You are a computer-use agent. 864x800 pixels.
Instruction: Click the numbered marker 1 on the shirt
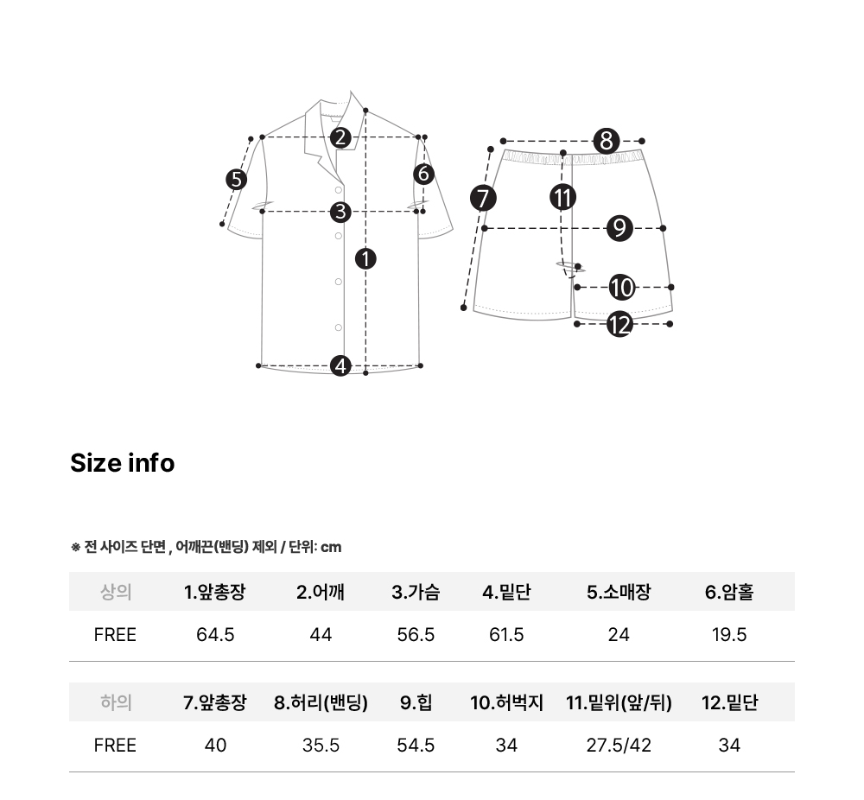click(365, 259)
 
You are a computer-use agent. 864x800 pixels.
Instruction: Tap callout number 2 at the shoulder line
click(340, 137)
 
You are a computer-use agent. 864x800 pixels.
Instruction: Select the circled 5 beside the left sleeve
click(237, 180)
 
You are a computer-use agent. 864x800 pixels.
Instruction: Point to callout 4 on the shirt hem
click(340, 365)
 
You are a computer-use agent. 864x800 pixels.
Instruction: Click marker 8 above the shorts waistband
click(607, 141)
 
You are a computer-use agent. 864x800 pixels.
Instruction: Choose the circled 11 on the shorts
click(563, 197)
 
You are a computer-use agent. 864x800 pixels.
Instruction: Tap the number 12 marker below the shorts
click(619, 324)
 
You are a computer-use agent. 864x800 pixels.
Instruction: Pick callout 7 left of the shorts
click(483, 199)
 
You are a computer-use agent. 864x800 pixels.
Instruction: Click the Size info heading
click(123, 463)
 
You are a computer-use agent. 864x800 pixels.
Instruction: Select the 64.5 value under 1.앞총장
click(215, 635)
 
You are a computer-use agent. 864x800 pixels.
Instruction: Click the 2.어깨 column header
click(321, 593)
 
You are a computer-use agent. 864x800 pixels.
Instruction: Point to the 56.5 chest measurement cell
click(416, 635)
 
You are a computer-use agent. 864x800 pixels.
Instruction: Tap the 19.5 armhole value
click(729, 635)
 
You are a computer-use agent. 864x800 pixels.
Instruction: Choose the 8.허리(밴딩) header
click(321, 703)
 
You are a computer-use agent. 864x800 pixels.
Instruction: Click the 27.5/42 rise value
click(619, 746)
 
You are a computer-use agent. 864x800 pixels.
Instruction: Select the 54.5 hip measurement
click(416, 746)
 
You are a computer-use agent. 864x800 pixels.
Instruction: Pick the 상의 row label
click(116, 593)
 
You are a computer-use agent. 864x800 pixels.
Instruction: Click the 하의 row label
click(116, 702)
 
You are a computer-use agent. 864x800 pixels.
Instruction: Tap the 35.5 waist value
click(321, 746)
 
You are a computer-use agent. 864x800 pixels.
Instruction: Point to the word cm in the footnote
click(331, 547)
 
